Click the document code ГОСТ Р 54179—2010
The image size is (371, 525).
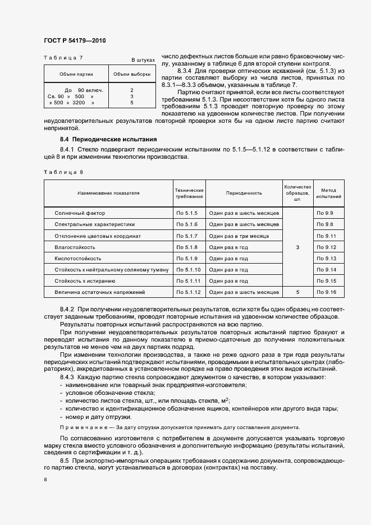point(75,41)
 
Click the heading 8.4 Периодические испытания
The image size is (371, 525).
point(108,139)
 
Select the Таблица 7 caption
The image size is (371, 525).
point(63,58)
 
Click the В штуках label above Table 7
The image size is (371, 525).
point(143,59)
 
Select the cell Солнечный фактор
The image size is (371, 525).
point(80,213)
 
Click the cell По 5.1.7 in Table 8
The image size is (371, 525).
point(188,236)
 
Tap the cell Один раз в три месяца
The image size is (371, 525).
point(239,236)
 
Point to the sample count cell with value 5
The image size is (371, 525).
point(297,292)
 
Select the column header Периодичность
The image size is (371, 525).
point(244,193)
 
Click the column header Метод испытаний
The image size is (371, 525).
point(328,194)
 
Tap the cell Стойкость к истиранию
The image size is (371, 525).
point(85,280)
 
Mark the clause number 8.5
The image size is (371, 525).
point(64,460)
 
